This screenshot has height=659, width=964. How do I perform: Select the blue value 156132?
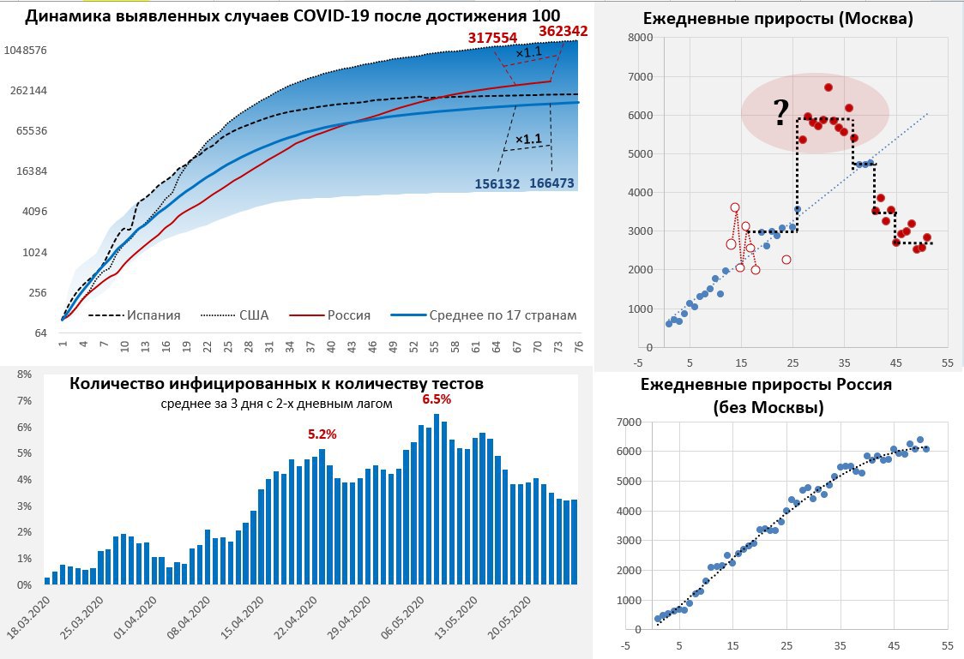point(503,183)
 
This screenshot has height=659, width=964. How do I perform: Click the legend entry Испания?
point(154,315)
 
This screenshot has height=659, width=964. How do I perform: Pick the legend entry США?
point(253,315)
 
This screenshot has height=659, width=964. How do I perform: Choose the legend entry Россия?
point(348,315)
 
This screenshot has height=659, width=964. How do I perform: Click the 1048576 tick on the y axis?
point(26,51)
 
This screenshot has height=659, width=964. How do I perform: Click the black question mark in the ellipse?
point(780,111)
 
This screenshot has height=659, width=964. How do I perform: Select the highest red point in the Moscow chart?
point(828,87)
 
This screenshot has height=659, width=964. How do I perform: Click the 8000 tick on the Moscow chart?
point(642,38)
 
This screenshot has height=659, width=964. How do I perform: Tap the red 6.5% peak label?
point(436,399)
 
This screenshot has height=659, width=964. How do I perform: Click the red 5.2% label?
point(322,434)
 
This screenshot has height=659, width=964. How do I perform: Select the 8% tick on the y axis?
point(24,374)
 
